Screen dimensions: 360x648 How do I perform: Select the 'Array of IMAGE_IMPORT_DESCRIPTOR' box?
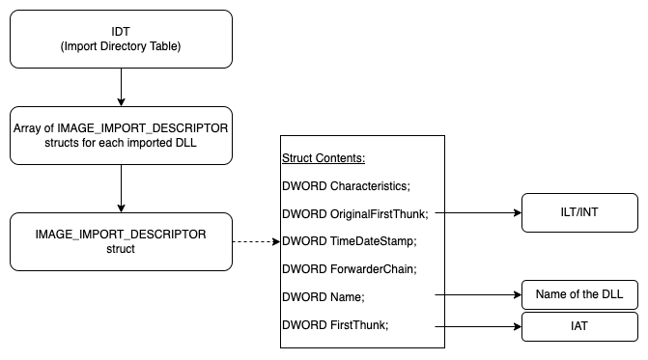tap(121, 135)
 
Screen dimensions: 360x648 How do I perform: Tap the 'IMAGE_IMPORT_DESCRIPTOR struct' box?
tap(121, 241)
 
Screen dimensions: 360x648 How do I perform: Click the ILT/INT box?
tap(579, 212)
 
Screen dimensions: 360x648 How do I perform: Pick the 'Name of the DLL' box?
tap(579, 293)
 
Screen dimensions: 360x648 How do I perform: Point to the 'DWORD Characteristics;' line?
tap(340, 184)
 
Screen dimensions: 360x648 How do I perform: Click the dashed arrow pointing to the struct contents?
tap(255, 241)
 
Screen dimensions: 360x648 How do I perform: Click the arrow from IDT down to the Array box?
tap(121, 87)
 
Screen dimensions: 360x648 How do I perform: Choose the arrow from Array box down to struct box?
tap(121, 188)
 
